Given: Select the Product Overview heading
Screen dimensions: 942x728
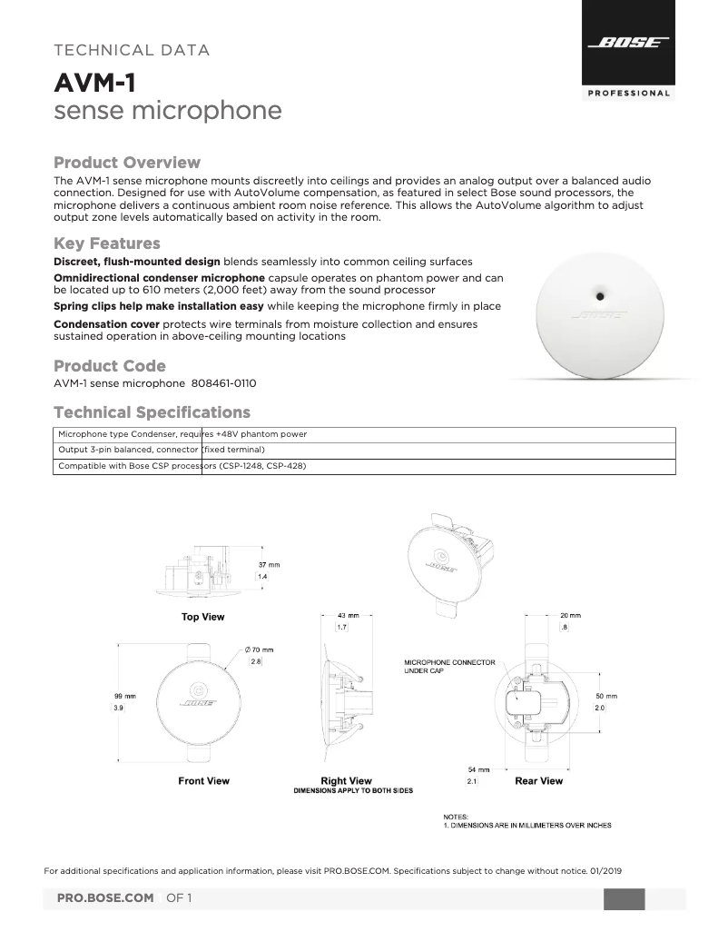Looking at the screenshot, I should [x=127, y=163].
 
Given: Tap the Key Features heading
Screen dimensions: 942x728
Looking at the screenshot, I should [x=107, y=243].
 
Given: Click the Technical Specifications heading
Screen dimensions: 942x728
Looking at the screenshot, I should [x=152, y=412].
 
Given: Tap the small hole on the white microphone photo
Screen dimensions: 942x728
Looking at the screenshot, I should [x=600, y=294].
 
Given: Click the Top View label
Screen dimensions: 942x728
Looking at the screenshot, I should [x=202, y=618].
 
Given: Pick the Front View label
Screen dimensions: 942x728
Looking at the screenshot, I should [x=203, y=781].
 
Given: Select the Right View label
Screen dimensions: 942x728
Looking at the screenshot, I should [x=346, y=781].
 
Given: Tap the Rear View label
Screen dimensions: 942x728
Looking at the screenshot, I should [x=538, y=781].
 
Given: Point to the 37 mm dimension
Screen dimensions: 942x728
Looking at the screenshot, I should [x=269, y=565].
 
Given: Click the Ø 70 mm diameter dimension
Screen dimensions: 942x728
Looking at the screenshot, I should [x=259, y=649].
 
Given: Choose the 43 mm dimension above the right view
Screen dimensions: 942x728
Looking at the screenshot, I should [x=348, y=615].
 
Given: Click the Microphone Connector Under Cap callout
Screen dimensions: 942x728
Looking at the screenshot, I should [x=449, y=667].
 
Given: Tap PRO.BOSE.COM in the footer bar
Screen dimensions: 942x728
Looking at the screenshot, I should [x=105, y=898].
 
